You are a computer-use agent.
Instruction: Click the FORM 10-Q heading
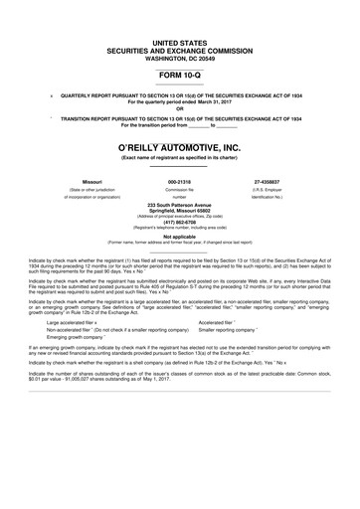[179, 74]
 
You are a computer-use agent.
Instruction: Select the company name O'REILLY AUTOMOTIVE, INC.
[179, 146]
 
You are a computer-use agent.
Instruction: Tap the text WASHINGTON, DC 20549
[179, 56]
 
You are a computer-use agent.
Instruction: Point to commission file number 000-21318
[179, 183]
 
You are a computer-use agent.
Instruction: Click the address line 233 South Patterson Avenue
[179, 205]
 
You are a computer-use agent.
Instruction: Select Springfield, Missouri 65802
[179, 211]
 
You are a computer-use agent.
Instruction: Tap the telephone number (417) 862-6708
[179, 223]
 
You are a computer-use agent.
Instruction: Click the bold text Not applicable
[179, 235]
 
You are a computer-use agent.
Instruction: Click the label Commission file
[179, 190]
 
